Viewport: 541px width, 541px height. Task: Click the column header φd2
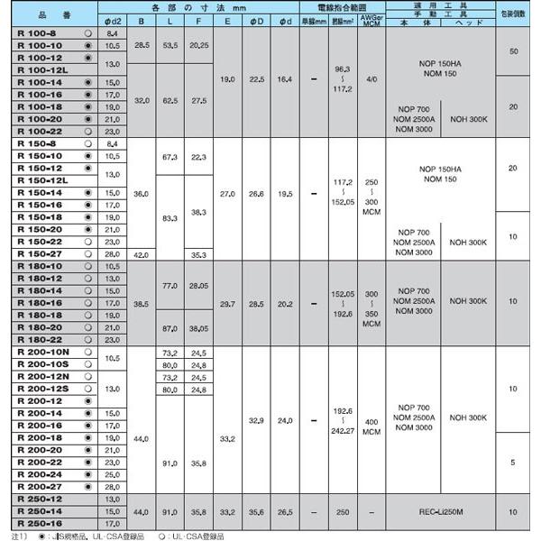pyautogui.click(x=113, y=21)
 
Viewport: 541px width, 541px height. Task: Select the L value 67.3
pyautogui.click(x=168, y=155)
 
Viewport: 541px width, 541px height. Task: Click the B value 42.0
pyautogui.click(x=141, y=254)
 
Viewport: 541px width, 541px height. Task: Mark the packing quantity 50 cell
pyautogui.click(x=514, y=50)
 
